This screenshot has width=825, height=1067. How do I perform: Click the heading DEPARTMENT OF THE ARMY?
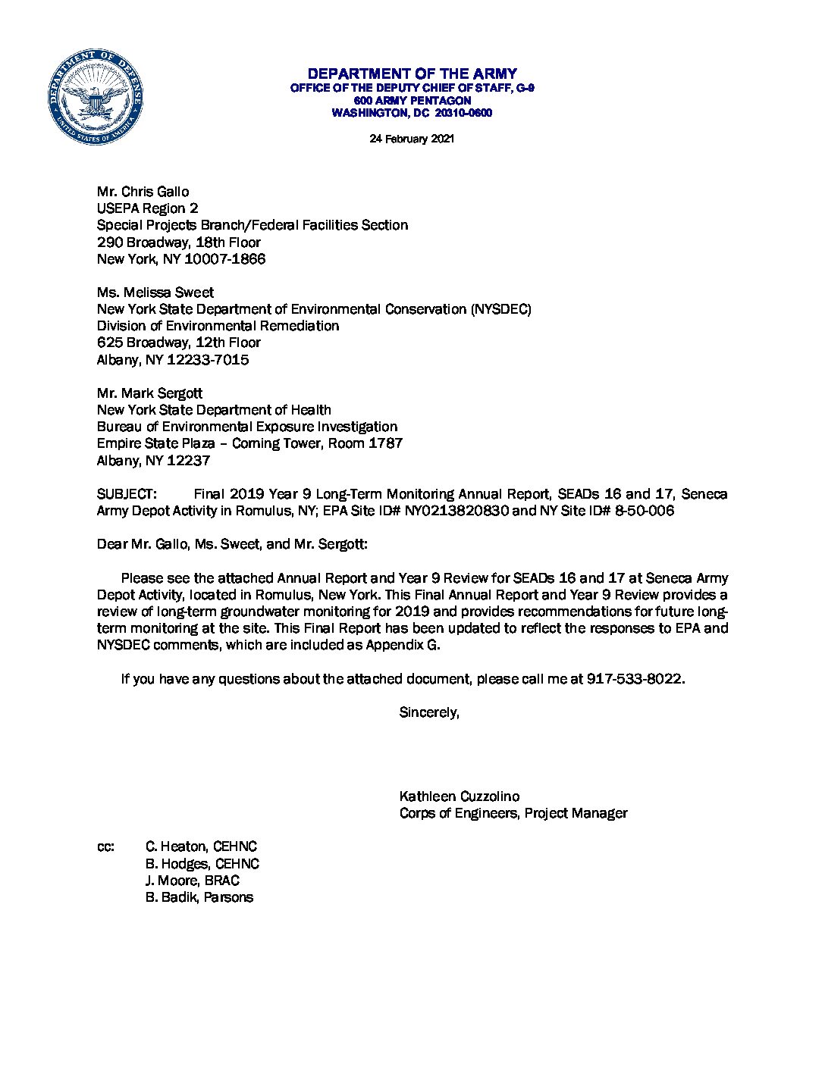[412, 74]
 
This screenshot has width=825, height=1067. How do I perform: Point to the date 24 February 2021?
[412, 139]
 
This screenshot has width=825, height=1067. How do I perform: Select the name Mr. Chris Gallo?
[143, 192]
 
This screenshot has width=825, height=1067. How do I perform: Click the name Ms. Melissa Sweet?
[155, 293]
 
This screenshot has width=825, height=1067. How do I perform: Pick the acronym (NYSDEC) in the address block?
[500, 309]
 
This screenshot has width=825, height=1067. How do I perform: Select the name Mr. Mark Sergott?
[149, 393]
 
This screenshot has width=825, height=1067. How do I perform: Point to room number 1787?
[384, 443]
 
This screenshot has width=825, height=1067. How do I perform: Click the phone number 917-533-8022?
[635, 679]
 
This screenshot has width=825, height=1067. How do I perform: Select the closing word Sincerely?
[429, 712]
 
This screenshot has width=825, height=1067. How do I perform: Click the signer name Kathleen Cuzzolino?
[460, 796]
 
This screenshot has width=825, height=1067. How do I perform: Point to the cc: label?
[105, 847]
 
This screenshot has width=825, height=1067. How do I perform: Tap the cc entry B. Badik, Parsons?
[199, 897]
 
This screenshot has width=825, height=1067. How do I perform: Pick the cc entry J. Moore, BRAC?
[193, 881]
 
